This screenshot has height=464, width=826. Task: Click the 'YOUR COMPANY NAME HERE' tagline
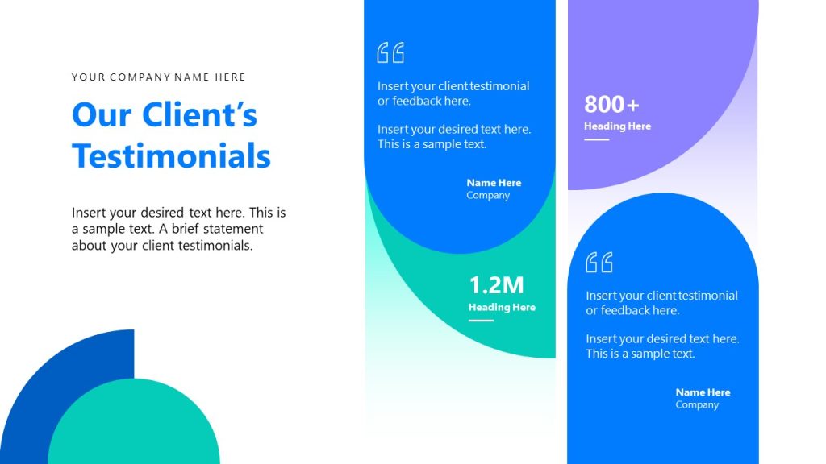point(158,77)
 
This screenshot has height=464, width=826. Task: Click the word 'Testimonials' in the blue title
point(171,155)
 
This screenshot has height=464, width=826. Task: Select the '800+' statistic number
point(611,104)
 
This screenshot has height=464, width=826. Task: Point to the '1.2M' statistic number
point(496,284)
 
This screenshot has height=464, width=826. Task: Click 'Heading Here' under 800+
point(617,126)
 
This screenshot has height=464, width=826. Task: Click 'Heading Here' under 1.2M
point(502,307)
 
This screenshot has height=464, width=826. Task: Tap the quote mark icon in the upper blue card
point(390,53)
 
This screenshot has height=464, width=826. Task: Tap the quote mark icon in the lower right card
point(599,263)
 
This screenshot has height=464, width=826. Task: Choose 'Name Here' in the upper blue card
point(494,183)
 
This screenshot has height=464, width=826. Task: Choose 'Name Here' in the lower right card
point(703,392)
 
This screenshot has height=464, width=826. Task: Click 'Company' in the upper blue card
point(488,196)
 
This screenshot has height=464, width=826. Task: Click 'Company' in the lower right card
point(697,405)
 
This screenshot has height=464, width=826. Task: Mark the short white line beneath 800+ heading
point(596,139)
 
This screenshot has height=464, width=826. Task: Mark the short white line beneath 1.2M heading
point(481,320)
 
